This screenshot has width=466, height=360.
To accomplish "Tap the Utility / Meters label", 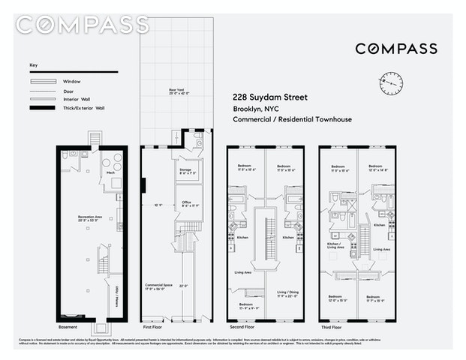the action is click(x=118, y=299).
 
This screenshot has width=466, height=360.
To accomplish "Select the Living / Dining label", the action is click(x=288, y=292).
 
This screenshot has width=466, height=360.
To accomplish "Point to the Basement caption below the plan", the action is click(x=68, y=328).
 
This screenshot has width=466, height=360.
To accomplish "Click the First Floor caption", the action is click(x=153, y=328).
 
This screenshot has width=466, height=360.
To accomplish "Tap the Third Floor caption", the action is click(x=332, y=328).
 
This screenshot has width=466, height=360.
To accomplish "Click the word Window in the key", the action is click(x=72, y=81).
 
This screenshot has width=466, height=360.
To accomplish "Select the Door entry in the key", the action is click(x=69, y=90).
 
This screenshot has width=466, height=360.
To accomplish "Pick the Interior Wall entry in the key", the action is click(x=76, y=99).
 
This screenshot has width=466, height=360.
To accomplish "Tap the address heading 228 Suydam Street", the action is click(x=270, y=97).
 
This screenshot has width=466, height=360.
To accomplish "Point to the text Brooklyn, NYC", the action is click(x=256, y=109).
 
